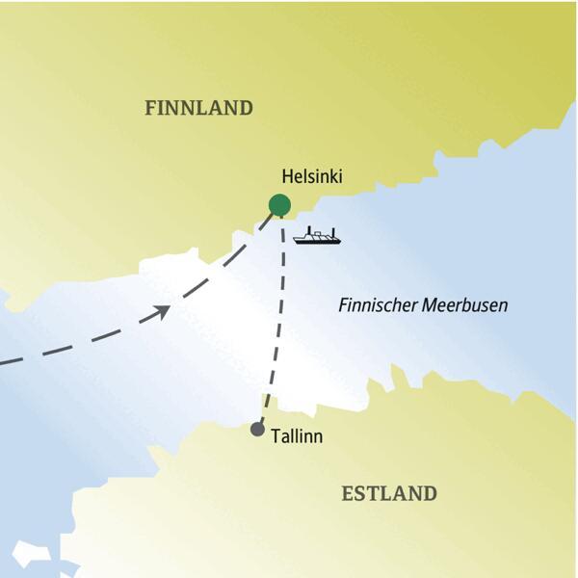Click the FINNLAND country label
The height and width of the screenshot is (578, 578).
coord(198,108)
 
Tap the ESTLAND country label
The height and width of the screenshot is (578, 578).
coord(389,494)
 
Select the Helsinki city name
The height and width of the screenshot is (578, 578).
coord(311,177)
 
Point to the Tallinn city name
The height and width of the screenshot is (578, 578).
coord(297,436)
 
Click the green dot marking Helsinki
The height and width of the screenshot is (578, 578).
coord(279,204)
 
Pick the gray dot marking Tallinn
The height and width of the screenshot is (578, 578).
coord(257,430)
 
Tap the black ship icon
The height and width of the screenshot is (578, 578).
coord(317,236)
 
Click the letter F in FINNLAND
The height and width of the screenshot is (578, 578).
coord(150,108)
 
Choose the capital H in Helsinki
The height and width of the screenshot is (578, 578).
coord(287,177)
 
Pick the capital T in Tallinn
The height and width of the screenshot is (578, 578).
coord(276,436)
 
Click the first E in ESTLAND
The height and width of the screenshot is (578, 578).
coord(349,494)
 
